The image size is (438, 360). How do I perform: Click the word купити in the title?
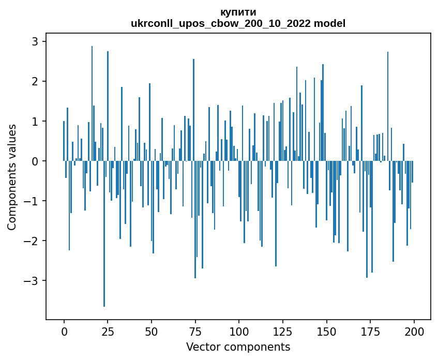pyautogui.click(x=238, y=12)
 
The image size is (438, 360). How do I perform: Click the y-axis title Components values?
pyautogui.click(x=12, y=177)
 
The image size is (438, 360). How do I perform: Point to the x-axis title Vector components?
pyautogui.click(x=238, y=347)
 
